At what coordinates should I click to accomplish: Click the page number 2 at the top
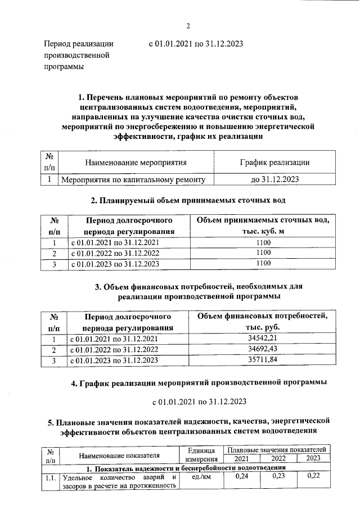click(188, 25)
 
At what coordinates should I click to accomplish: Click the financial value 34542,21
click(263, 339)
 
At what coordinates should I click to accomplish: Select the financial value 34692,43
click(263, 350)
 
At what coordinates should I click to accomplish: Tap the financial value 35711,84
click(263, 361)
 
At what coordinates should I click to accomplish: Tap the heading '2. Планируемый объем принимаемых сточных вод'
click(188, 200)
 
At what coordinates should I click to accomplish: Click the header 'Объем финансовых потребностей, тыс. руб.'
click(263, 322)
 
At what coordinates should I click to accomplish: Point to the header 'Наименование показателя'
click(119, 454)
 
